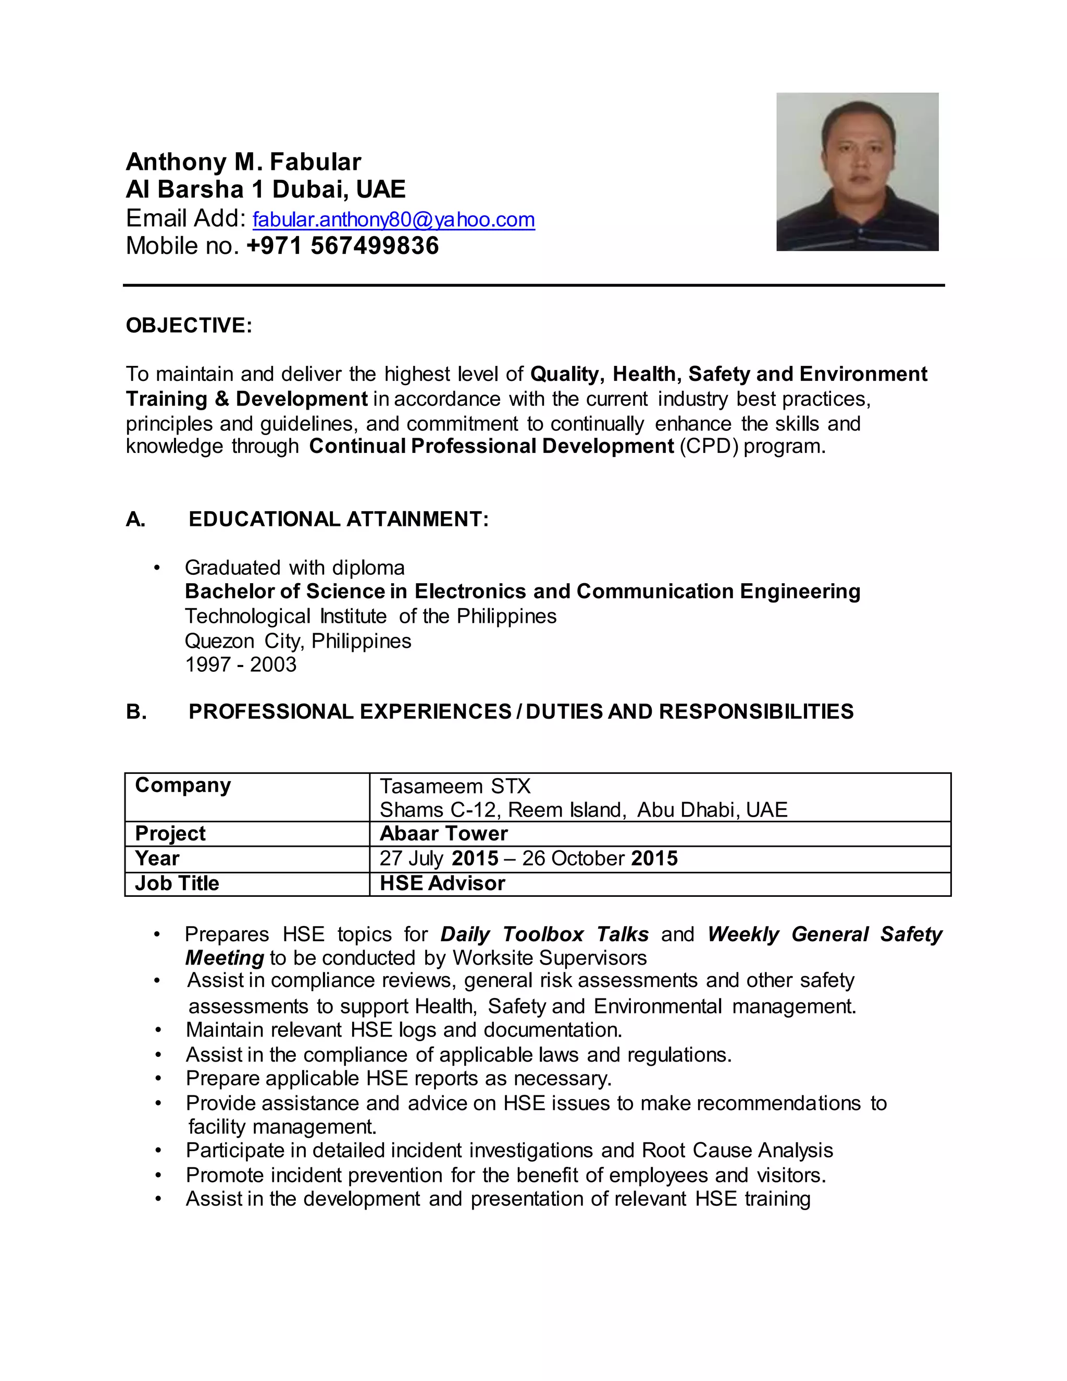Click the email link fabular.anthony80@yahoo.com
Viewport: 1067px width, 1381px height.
coord(393,219)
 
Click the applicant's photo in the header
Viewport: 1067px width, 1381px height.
coord(857,171)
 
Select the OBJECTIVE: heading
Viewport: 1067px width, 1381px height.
coord(189,325)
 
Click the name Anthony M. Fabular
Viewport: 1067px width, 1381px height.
coord(243,162)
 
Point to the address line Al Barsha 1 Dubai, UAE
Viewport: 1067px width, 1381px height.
coord(266,190)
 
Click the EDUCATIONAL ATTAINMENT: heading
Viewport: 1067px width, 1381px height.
coord(338,519)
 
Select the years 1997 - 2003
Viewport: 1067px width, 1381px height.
coord(240,664)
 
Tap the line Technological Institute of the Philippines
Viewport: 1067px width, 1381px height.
coord(370,616)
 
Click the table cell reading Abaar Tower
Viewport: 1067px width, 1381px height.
coord(443,833)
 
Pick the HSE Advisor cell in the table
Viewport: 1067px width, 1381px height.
coord(442,883)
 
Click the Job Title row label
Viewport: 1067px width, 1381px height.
coord(177,883)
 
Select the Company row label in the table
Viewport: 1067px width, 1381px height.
coord(183,785)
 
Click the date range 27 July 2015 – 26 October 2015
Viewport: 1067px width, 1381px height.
coord(528,859)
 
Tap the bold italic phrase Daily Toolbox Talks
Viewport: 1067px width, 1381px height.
coord(544,934)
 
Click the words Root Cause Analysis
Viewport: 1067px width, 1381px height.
coord(737,1150)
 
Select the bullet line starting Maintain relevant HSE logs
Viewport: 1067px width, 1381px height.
coord(404,1030)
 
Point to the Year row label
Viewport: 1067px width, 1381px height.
coord(157,859)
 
